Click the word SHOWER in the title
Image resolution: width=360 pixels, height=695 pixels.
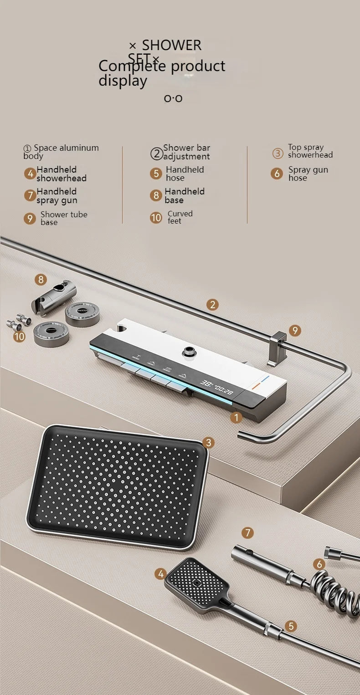pyautogui.click(x=171, y=45)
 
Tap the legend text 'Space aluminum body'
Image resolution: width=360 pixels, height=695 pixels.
pyautogui.click(x=61, y=152)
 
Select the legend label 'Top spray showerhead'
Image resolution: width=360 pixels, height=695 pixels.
pyautogui.click(x=310, y=151)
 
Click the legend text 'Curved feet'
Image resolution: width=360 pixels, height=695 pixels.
pyautogui.click(x=180, y=217)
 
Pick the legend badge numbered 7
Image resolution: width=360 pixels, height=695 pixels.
pyautogui.click(x=30, y=196)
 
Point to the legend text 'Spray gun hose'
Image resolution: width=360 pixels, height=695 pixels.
pyautogui.click(x=308, y=174)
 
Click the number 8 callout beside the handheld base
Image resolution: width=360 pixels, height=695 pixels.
pyautogui.click(x=41, y=280)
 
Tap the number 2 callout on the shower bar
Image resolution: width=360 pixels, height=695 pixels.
pyautogui.click(x=212, y=305)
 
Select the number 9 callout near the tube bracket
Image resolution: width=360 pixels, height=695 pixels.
pyautogui.click(x=295, y=331)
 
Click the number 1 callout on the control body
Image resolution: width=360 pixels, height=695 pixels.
pyautogui.click(x=236, y=417)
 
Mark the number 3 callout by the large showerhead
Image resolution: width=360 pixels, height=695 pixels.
pyautogui.click(x=208, y=442)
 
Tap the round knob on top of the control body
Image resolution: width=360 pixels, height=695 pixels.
pyautogui.click(x=187, y=352)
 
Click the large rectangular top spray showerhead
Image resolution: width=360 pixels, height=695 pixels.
pyautogui.click(x=117, y=485)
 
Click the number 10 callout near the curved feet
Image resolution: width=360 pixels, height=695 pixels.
pyautogui.click(x=19, y=337)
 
